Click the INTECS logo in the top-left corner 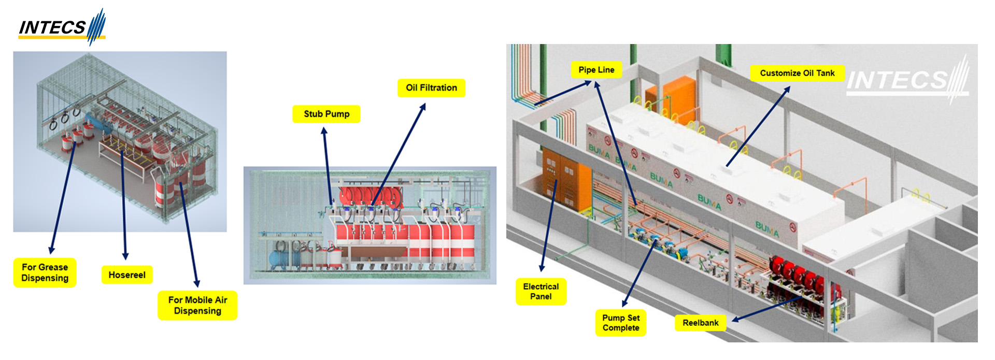(x=62, y=27)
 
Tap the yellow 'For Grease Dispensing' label (x=45, y=272)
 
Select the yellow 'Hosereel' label (x=127, y=275)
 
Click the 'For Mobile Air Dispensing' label (x=197, y=305)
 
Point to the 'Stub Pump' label (x=326, y=114)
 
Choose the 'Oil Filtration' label (x=431, y=88)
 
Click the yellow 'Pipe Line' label (x=596, y=70)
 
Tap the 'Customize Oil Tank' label (x=798, y=73)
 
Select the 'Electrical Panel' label (x=541, y=291)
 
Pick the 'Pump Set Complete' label (x=621, y=323)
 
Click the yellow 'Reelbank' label (x=701, y=323)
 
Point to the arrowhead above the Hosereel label (x=125, y=256)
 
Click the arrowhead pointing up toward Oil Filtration (x=423, y=107)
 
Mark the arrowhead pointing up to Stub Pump (x=324, y=132)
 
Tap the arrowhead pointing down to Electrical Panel (x=542, y=268)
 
